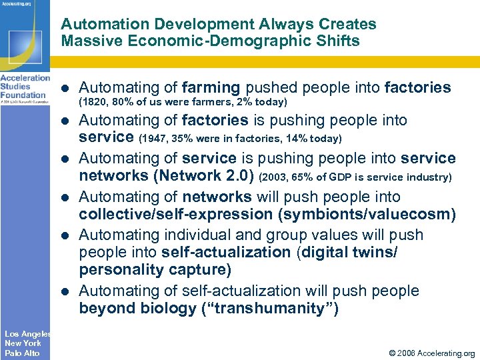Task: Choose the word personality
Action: [x=119, y=269]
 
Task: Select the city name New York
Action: [x=23, y=343]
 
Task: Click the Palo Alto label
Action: [x=22, y=353]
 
